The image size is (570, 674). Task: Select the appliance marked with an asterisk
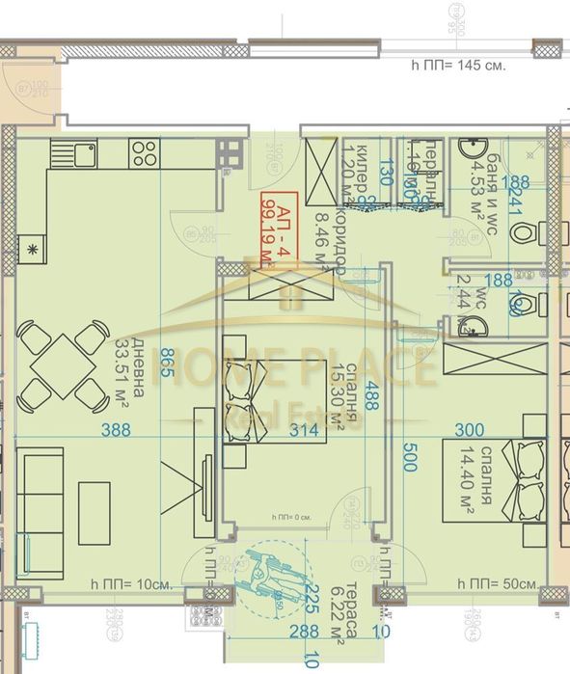pos(34,248)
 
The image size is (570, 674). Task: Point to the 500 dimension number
pos(409,456)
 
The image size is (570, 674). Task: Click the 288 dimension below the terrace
pos(279,633)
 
